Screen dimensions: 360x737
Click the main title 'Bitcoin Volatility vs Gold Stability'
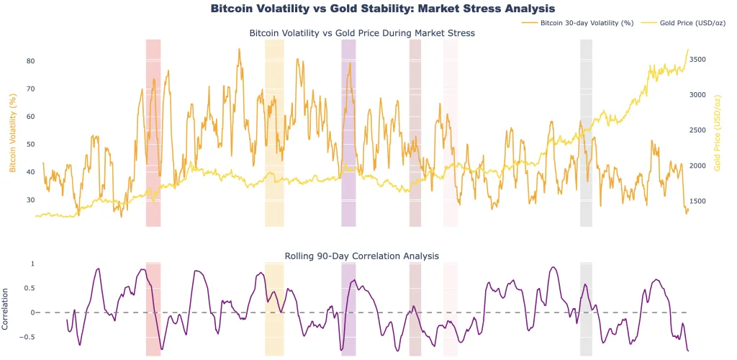(382, 9)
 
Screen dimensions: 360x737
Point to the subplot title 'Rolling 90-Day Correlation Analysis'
(361, 256)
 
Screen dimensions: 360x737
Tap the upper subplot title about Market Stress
(361, 33)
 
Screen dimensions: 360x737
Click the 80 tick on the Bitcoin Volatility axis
(31, 60)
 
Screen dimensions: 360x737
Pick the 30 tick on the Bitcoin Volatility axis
(31, 199)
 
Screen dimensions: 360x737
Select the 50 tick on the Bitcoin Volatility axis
(31, 144)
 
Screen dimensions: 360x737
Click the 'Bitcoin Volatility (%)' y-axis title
(12, 133)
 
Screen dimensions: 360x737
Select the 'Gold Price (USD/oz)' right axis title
(718, 133)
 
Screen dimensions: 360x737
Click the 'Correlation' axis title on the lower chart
(6, 309)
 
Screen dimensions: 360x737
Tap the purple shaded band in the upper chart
(348, 133)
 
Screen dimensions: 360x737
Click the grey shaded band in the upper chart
(586, 133)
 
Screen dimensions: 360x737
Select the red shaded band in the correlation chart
(153, 310)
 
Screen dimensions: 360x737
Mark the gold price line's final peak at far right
(688, 50)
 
